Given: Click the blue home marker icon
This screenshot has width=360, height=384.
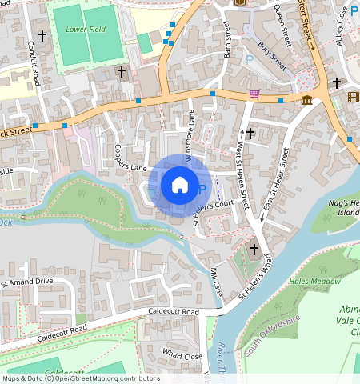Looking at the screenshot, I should pos(180,185).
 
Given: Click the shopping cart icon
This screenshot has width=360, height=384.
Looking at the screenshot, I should pos(254,94).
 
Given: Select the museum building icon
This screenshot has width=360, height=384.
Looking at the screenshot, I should pos(307,100).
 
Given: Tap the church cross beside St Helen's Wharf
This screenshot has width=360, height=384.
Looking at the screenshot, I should pos(254,250).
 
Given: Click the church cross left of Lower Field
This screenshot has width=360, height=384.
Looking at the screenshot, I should pos(42,36).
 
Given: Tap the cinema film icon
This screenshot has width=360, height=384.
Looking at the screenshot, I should pos(354,98).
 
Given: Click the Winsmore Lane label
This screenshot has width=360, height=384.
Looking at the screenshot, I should pos(191,128).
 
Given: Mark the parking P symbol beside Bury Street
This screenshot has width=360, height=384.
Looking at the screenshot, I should pos(249,59).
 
